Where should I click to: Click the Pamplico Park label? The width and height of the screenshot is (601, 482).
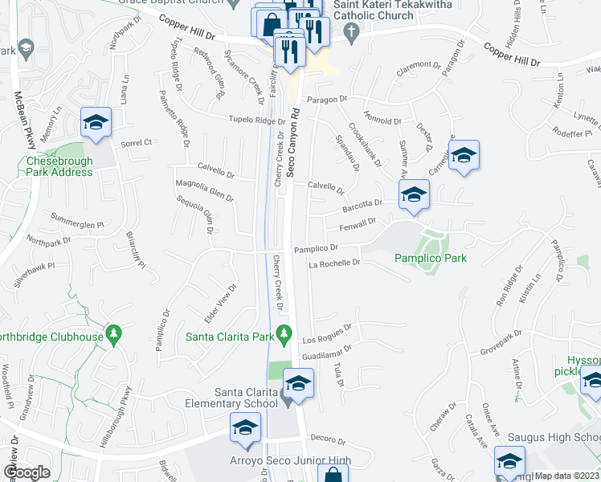pos(430,258)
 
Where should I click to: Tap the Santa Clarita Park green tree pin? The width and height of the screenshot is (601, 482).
pos(283,332)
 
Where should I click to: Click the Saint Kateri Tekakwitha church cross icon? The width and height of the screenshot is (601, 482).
pos(350,32)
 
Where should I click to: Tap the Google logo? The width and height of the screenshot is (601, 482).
pos(26,472)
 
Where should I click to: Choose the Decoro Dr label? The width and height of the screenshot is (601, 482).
pos(328,441)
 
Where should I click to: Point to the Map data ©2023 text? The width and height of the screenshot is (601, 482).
pos(567,475)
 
